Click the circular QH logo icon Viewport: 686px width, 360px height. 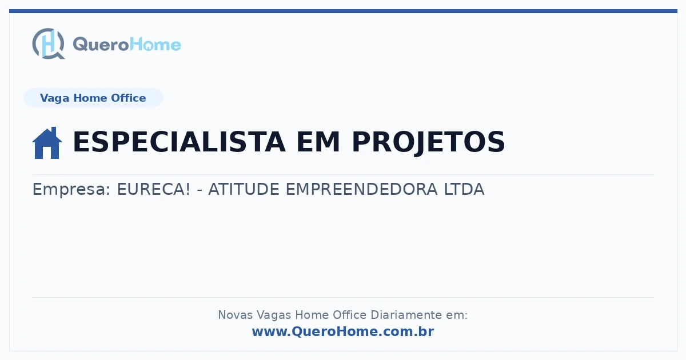coord(49,43)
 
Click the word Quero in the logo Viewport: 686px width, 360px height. coord(101,45)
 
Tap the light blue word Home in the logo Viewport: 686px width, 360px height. coord(155,45)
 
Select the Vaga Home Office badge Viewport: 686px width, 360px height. coord(93,98)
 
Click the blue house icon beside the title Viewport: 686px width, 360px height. coord(47,143)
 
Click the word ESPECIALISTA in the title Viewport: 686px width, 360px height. coord(179,142)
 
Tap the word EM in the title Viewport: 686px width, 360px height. coord(318,142)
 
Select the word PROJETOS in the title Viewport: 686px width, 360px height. coord(428,142)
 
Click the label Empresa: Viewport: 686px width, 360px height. coord(71,189)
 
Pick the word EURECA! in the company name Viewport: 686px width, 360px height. coord(154,189)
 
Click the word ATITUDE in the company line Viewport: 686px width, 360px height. coord(244,189)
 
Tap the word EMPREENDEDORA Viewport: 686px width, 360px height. coord(361,189)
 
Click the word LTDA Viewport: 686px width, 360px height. coord(464,189)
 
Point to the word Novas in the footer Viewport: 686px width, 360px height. coord(235,315)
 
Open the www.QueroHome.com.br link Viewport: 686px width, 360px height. coord(343,331)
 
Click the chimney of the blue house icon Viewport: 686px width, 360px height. coord(54,131)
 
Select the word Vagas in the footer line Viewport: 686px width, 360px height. coord(274,315)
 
